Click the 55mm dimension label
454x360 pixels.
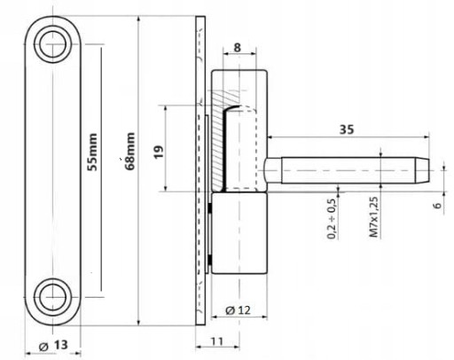pyautogui.click(x=92, y=152)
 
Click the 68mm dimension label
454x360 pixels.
pyautogui.click(x=130, y=151)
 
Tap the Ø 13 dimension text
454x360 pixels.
pyautogui.click(x=53, y=345)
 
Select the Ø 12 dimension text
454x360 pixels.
pyautogui.click(x=238, y=310)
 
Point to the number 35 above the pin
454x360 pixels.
pyautogui.click(x=347, y=129)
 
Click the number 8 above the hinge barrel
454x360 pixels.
pyautogui.click(x=237, y=47)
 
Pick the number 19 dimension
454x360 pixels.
pyautogui.click(x=159, y=153)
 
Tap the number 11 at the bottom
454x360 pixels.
pyautogui.click(x=217, y=341)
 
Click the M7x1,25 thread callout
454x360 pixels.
pyautogui.click(x=374, y=217)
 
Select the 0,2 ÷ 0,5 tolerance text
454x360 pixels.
pyautogui.click(x=332, y=219)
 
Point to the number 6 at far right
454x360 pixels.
pyautogui.click(x=438, y=205)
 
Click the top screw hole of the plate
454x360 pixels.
pyautogui.click(x=52, y=44)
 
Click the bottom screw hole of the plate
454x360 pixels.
pyautogui.click(x=52, y=297)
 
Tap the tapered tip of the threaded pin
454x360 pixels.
pyautogui.click(x=423, y=170)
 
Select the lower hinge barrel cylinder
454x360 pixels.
pyautogui.click(x=239, y=233)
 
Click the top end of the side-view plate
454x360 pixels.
pyautogui.click(x=200, y=17)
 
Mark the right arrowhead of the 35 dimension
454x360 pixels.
pyautogui.click(x=427, y=137)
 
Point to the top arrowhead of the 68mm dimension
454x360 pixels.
pyautogui.click(x=138, y=20)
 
